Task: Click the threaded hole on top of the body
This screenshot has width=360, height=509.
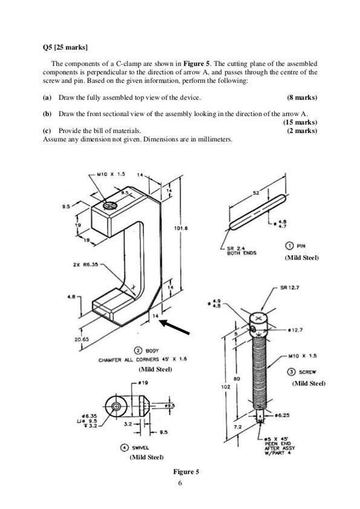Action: pos(110,206)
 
